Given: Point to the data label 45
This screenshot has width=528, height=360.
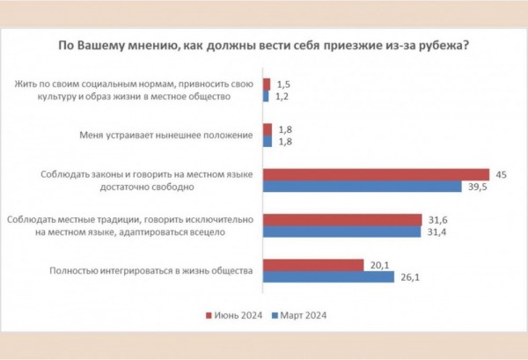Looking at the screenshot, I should [502, 173].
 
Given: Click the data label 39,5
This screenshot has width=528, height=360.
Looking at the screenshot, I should [478, 187].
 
